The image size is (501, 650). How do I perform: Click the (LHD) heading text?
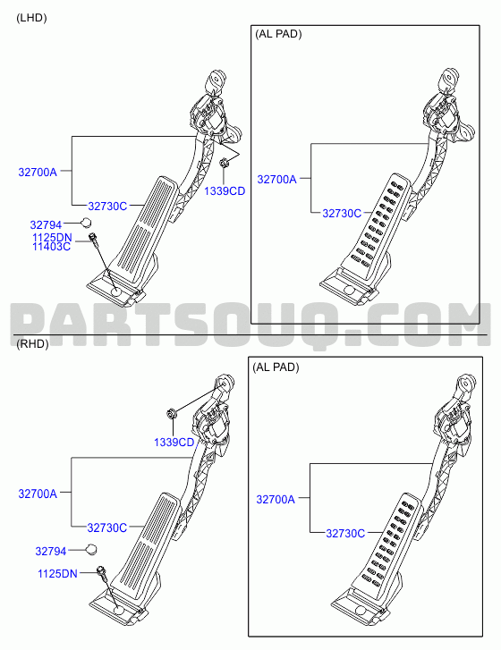[31, 18]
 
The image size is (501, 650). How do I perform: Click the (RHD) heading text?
[32, 344]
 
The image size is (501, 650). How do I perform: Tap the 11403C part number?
[51, 247]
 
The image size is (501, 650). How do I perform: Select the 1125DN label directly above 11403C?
[52, 238]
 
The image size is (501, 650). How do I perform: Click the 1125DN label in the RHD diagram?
[57, 574]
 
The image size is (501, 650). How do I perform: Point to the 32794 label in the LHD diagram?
[46, 225]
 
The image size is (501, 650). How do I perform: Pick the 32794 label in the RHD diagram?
[51, 552]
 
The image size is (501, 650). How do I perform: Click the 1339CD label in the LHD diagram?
[225, 191]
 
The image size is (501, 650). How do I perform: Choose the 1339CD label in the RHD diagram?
[174, 443]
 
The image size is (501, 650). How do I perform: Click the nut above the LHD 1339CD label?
[223, 163]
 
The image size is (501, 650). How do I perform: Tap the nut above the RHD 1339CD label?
[171, 413]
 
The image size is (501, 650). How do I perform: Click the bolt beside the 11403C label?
[94, 240]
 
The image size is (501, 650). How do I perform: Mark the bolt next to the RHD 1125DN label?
[102, 572]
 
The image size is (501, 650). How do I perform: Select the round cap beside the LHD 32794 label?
[85, 223]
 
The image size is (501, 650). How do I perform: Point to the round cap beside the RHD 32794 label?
[91, 549]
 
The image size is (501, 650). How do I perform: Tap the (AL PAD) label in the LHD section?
[278, 34]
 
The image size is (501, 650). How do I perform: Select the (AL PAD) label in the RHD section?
[276, 367]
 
